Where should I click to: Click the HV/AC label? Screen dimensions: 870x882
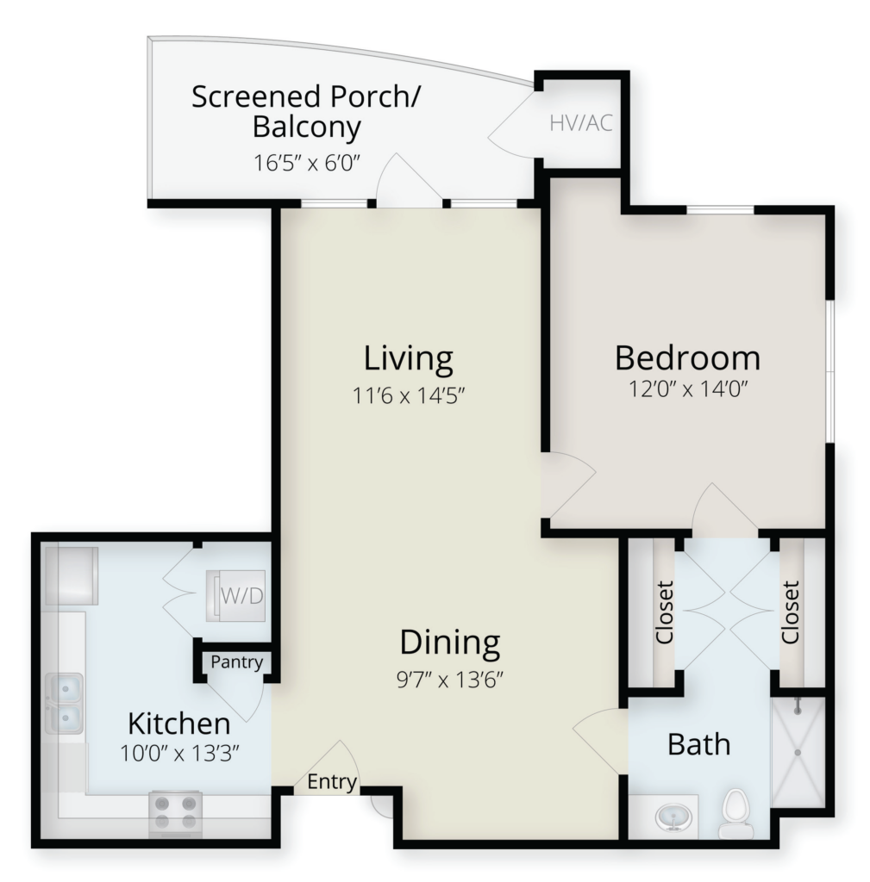tap(580, 122)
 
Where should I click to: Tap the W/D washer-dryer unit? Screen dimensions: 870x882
tap(235, 596)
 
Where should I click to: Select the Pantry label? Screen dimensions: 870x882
tap(236, 662)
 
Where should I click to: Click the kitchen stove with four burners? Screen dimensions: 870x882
tap(175, 813)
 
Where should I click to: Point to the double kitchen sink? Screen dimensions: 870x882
tap(64, 703)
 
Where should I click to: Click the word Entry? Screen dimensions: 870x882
tap(332, 782)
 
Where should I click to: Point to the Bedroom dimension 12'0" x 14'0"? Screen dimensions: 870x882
tap(687, 388)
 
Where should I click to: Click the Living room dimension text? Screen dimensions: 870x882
tap(408, 395)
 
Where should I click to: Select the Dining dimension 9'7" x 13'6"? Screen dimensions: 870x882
tap(449, 680)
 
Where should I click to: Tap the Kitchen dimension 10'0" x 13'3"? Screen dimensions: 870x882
tap(179, 753)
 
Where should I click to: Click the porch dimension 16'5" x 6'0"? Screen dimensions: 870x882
tap(306, 163)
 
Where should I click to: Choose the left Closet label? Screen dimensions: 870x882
tap(665, 612)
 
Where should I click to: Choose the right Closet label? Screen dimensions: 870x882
tap(790, 612)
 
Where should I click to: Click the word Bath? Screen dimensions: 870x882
tap(698, 744)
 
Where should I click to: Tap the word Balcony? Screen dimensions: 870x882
tap(306, 127)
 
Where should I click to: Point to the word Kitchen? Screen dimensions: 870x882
tap(179, 724)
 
